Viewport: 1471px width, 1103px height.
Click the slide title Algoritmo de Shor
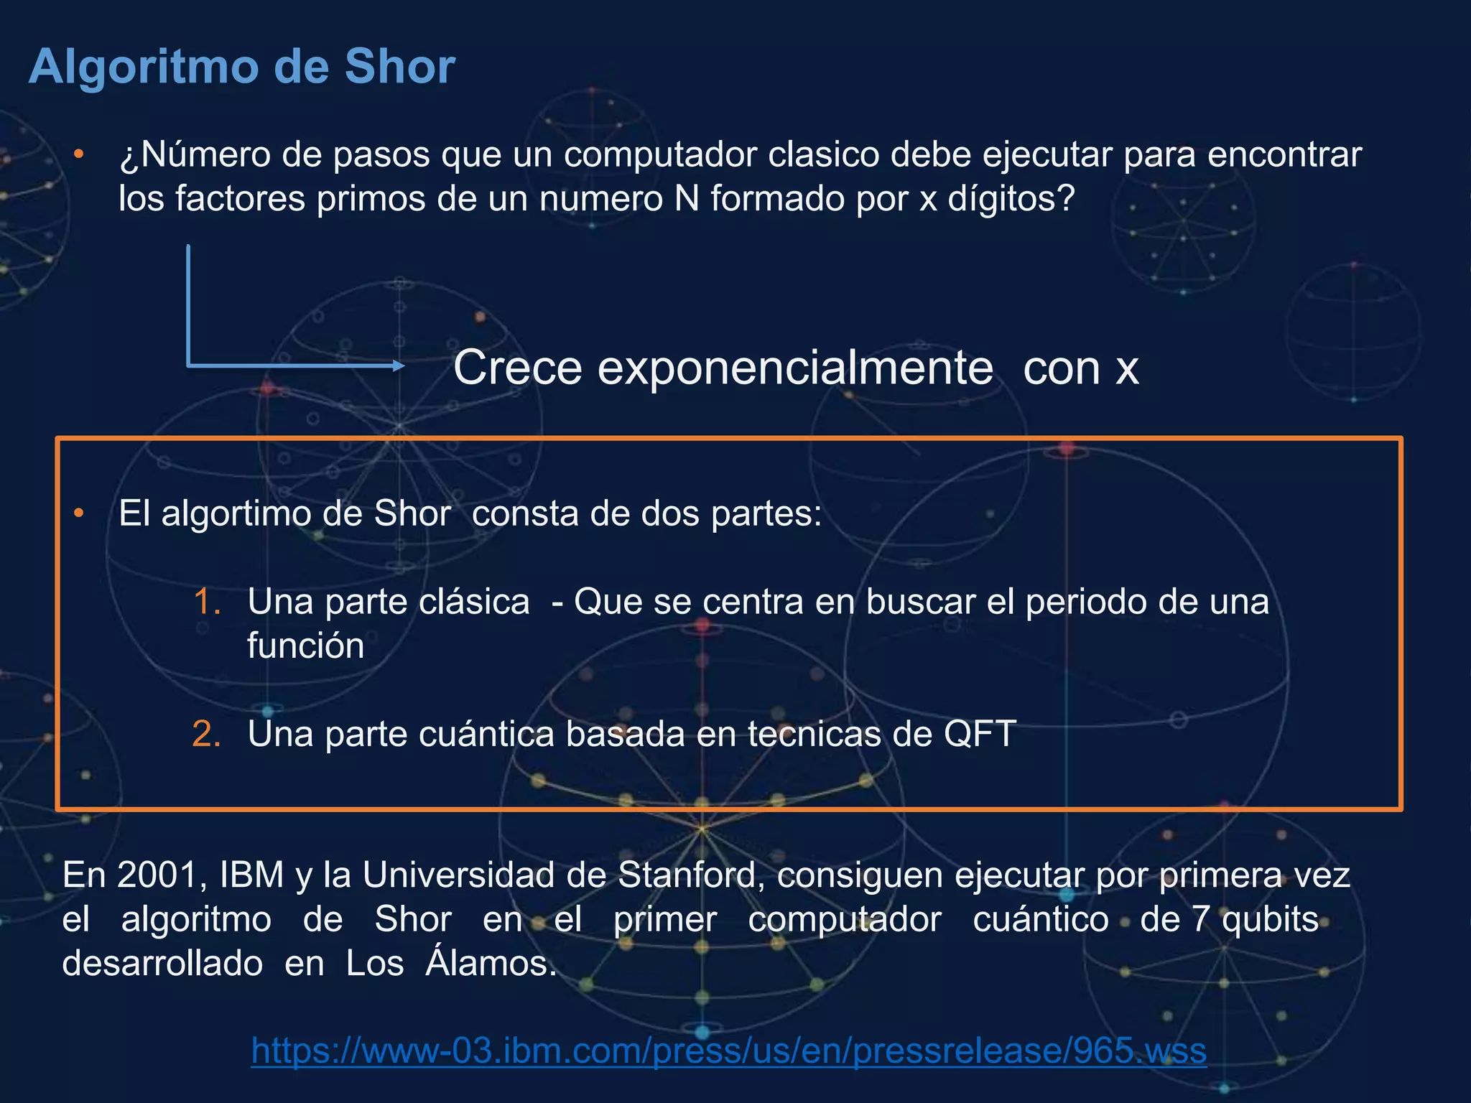(x=241, y=67)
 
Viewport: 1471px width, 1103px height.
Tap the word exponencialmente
(x=795, y=368)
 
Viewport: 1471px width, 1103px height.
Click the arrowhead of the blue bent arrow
(x=399, y=366)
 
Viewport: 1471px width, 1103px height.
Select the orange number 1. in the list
(x=207, y=601)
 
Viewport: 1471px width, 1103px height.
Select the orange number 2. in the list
(x=207, y=734)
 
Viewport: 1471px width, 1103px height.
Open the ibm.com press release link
(x=728, y=1051)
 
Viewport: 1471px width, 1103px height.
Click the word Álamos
(x=491, y=963)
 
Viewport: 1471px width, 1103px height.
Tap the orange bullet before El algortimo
(x=79, y=513)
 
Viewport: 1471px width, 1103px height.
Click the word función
(x=306, y=646)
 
